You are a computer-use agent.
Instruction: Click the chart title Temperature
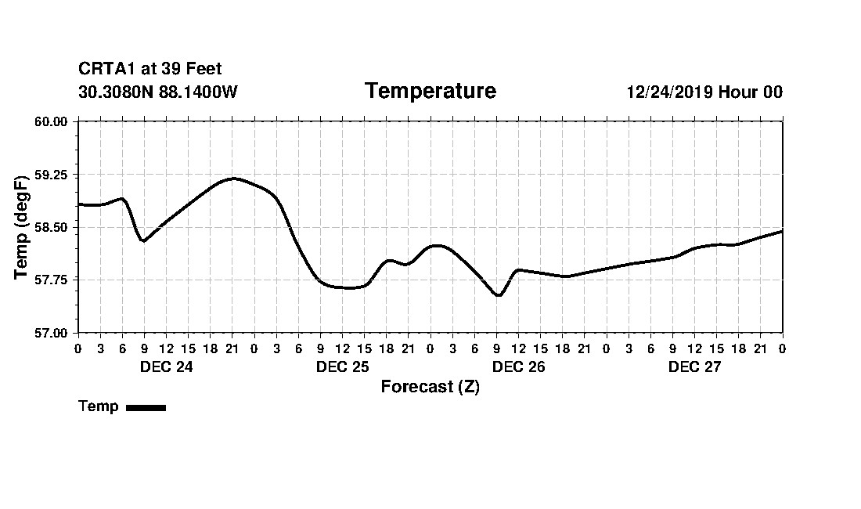pos(430,92)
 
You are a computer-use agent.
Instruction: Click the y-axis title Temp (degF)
pos(22,227)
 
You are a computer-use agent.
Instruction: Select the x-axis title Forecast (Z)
pos(430,387)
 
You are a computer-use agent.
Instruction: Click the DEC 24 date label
pos(166,367)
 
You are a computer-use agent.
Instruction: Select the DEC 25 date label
pos(342,367)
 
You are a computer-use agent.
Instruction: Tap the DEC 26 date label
pos(518,367)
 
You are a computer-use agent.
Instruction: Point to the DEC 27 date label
pos(694,367)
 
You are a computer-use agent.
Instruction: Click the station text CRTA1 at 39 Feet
pos(150,70)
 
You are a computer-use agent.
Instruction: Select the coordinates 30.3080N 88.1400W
pos(158,92)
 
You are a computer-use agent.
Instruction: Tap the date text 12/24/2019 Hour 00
pos(704,92)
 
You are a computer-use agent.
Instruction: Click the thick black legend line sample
pos(146,407)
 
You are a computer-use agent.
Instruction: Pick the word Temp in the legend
pos(99,406)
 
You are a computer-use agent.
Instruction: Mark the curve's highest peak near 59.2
pos(232,179)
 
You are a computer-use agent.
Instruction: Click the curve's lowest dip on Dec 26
pos(498,295)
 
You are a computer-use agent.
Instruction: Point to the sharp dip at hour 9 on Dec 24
pos(143,240)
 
